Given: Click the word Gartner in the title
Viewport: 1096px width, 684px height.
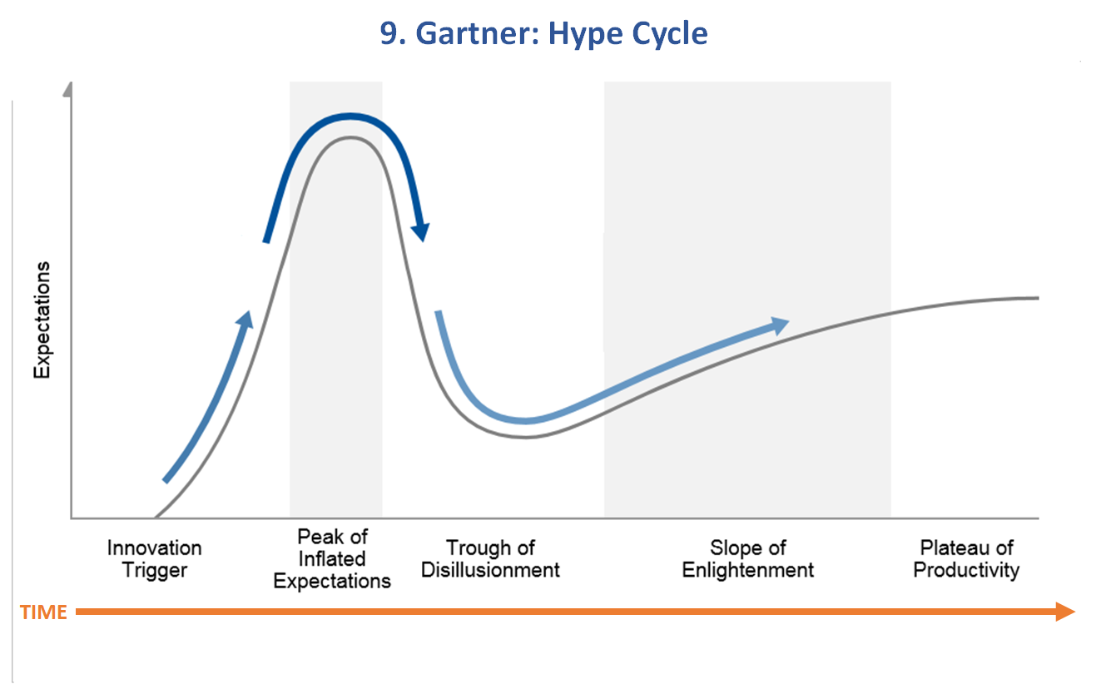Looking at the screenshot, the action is (x=478, y=33).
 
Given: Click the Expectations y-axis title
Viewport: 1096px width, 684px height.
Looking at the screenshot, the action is (x=42, y=320).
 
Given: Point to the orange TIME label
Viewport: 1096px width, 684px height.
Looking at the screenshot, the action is (x=43, y=612).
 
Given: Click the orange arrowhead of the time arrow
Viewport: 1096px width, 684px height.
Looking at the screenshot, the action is (x=1065, y=612).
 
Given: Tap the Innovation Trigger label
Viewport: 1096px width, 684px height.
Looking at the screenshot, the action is (x=154, y=558).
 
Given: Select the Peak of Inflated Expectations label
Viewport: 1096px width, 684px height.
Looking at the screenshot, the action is (x=332, y=558).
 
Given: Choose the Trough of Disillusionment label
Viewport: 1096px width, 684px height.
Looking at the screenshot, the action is (x=490, y=558).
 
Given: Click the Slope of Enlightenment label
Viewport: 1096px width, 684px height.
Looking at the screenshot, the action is (x=747, y=558).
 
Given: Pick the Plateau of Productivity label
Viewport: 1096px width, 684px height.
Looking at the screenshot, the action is (x=966, y=558).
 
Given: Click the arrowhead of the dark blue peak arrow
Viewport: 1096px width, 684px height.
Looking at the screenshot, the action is (x=420, y=232).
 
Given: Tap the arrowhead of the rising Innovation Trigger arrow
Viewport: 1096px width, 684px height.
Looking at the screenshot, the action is (x=245, y=320).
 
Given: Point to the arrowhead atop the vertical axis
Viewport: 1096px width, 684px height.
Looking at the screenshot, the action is (x=68, y=90).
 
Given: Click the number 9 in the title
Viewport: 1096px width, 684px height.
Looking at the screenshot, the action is (x=389, y=33).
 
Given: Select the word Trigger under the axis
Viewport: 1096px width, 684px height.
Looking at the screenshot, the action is (x=155, y=571).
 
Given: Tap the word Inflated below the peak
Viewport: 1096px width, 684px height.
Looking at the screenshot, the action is (x=332, y=558).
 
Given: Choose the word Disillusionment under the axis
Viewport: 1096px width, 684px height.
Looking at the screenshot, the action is (x=490, y=570).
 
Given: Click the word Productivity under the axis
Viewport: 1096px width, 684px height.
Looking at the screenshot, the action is (x=966, y=571).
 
